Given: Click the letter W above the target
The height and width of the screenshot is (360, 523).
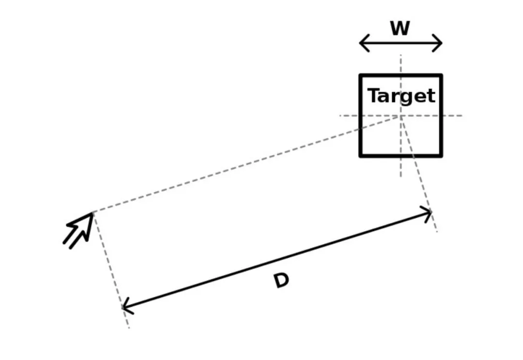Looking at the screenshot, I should (x=400, y=29).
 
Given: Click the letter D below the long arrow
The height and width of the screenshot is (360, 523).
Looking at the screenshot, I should (x=281, y=281).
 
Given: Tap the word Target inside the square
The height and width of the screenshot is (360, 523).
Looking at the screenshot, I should (x=401, y=96).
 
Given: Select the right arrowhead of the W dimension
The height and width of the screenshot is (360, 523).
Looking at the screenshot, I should (x=440, y=43).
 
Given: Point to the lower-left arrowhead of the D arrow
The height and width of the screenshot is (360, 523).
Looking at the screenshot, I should (x=124, y=307).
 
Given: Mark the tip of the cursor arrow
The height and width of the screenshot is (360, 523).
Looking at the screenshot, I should (x=93, y=213).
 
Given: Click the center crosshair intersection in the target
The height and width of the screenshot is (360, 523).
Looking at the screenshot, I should (x=400, y=116).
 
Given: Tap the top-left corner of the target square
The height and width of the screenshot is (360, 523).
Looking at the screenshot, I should (x=361, y=76).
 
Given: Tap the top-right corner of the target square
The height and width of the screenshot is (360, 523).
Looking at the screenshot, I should (x=441, y=76).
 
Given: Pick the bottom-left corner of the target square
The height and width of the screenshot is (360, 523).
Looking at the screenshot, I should (x=361, y=156).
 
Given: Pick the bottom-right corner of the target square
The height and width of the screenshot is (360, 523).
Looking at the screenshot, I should (x=441, y=156).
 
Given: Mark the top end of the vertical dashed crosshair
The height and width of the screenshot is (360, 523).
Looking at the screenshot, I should (x=400, y=56).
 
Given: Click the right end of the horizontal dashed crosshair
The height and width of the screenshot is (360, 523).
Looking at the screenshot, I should (x=461, y=116).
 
